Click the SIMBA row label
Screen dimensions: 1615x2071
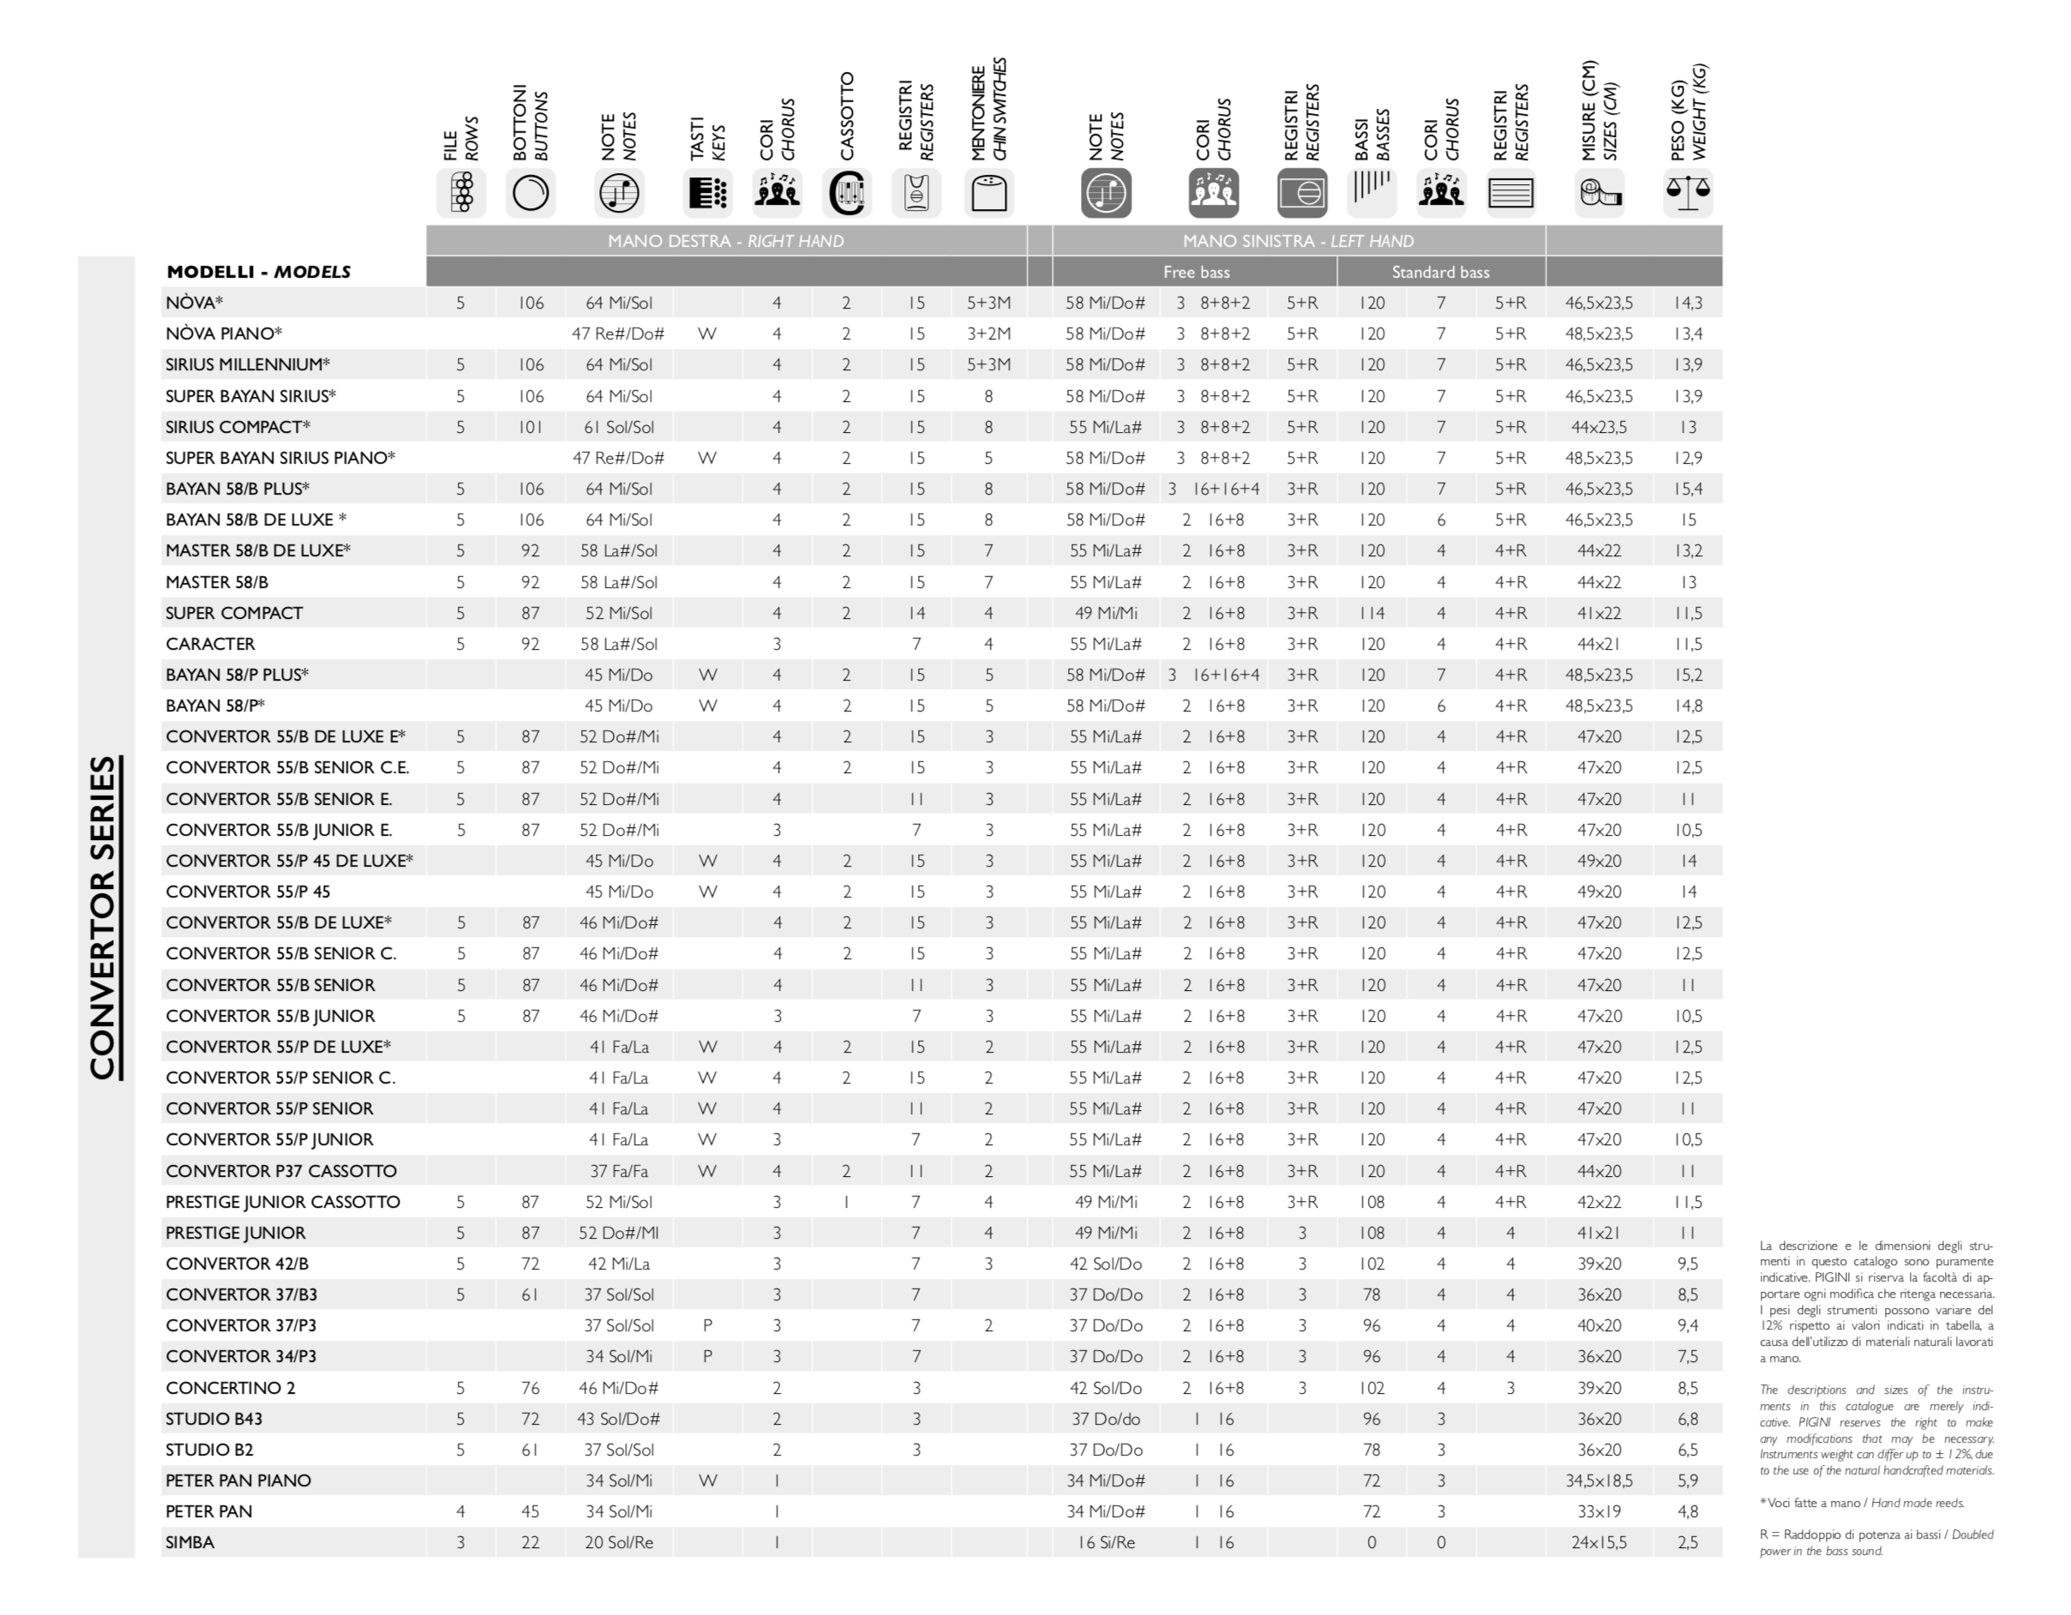point(189,1542)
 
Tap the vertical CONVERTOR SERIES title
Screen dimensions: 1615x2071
point(104,917)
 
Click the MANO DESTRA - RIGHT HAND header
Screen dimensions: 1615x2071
point(725,241)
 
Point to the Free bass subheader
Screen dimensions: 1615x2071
point(1196,273)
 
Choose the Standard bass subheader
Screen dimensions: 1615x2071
point(1439,273)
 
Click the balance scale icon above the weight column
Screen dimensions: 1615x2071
point(1687,193)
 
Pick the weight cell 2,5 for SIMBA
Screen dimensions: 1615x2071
point(1687,1542)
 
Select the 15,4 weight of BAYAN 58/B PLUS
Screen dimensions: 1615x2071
point(1688,489)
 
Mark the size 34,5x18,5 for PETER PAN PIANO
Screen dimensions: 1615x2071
point(1599,1480)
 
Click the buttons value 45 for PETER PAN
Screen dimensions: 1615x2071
point(530,1511)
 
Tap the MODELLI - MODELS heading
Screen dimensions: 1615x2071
point(258,273)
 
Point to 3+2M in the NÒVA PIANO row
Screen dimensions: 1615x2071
point(988,333)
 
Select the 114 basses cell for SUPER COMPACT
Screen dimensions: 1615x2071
point(1372,614)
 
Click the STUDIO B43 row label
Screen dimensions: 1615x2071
point(213,1419)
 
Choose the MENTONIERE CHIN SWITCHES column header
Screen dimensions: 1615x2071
point(988,109)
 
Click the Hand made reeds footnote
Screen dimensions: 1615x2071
point(1862,1503)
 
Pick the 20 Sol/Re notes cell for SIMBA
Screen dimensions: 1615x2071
point(618,1542)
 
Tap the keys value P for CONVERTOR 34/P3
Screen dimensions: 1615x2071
point(707,1356)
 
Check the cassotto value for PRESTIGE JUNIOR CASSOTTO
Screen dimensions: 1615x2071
point(846,1202)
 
